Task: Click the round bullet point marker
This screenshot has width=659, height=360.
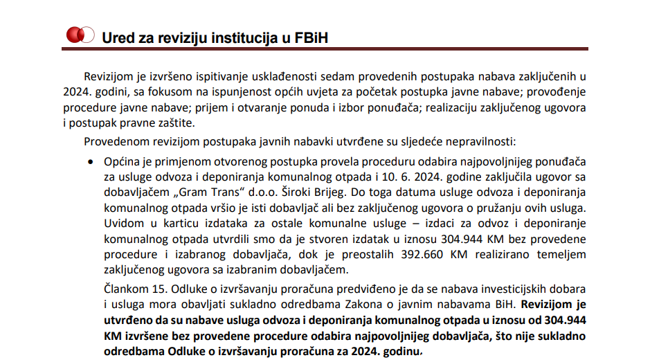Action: click(x=90, y=161)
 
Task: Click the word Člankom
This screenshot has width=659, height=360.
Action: click(x=127, y=289)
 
